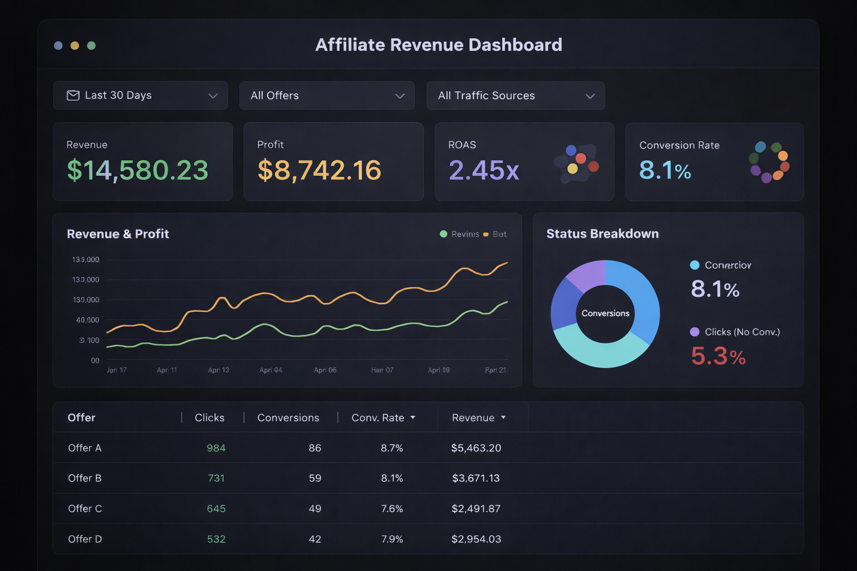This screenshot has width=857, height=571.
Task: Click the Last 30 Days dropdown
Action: pos(140,95)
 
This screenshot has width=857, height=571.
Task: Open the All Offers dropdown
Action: pos(326,95)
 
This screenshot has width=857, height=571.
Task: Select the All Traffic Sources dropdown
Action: pos(515,95)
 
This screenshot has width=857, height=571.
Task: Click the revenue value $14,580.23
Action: pos(137,170)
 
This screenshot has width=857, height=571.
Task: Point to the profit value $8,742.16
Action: pos(319,170)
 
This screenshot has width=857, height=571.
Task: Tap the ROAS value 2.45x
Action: pos(484,170)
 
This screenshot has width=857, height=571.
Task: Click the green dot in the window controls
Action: pos(92,46)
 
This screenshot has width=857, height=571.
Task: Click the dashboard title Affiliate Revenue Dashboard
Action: pos(439,45)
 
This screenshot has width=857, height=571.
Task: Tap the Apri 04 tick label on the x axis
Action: pos(271,370)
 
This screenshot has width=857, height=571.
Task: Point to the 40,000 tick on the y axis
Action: pos(88,320)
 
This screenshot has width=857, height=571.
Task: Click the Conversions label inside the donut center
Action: pos(605,313)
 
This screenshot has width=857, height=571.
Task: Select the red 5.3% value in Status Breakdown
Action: pos(718,356)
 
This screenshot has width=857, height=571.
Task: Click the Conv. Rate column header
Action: pos(378,418)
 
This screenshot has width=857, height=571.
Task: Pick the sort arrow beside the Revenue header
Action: pos(503,417)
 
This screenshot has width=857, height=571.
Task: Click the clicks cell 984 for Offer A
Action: pos(216,448)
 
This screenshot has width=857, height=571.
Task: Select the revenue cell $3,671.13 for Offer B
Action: pos(476,478)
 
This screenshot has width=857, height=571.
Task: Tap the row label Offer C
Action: pos(85,509)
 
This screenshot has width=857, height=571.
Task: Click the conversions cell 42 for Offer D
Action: pos(315,539)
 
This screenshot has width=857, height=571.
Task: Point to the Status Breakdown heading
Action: pos(603,234)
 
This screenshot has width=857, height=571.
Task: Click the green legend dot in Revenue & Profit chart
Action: pos(444,234)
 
